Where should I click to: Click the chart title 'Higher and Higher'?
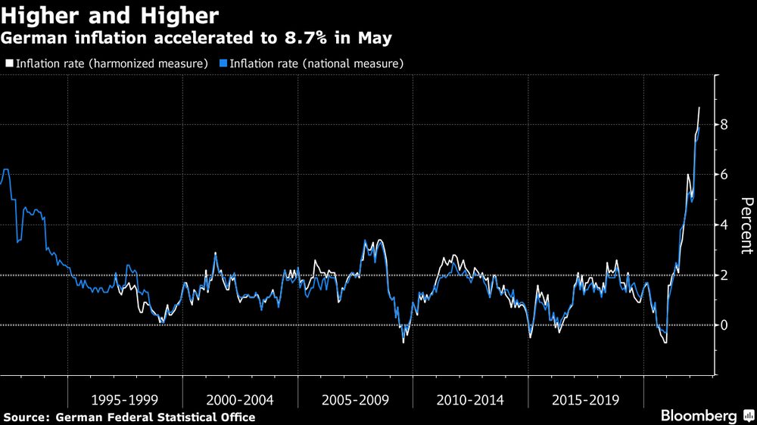(111, 16)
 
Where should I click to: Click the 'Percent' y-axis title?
(746, 225)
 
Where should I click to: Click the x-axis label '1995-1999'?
(125, 399)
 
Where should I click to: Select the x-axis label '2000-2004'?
(240, 399)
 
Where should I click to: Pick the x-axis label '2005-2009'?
(355, 399)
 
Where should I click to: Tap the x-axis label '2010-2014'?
(470, 399)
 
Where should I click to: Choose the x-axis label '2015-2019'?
(585, 399)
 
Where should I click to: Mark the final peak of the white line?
(699, 107)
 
